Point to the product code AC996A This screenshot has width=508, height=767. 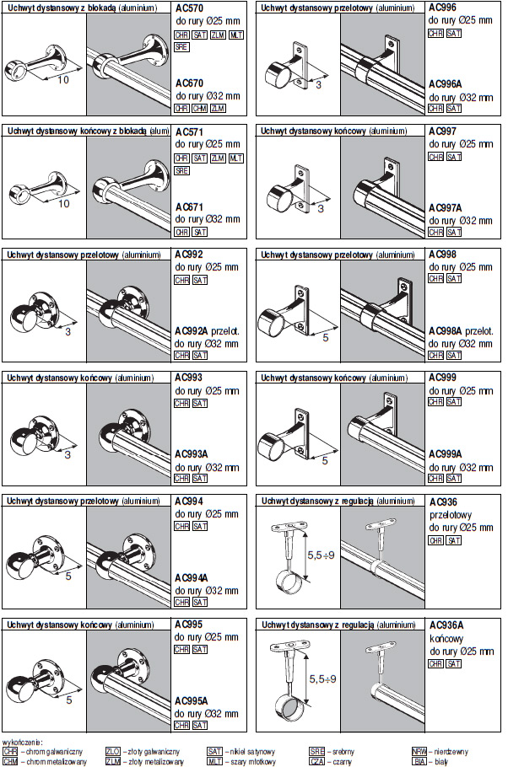[x=446, y=83]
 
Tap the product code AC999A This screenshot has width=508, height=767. [x=446, y=453]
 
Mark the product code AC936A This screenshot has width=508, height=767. [x=446, y=625]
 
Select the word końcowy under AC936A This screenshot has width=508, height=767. [x=447, y=638]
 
